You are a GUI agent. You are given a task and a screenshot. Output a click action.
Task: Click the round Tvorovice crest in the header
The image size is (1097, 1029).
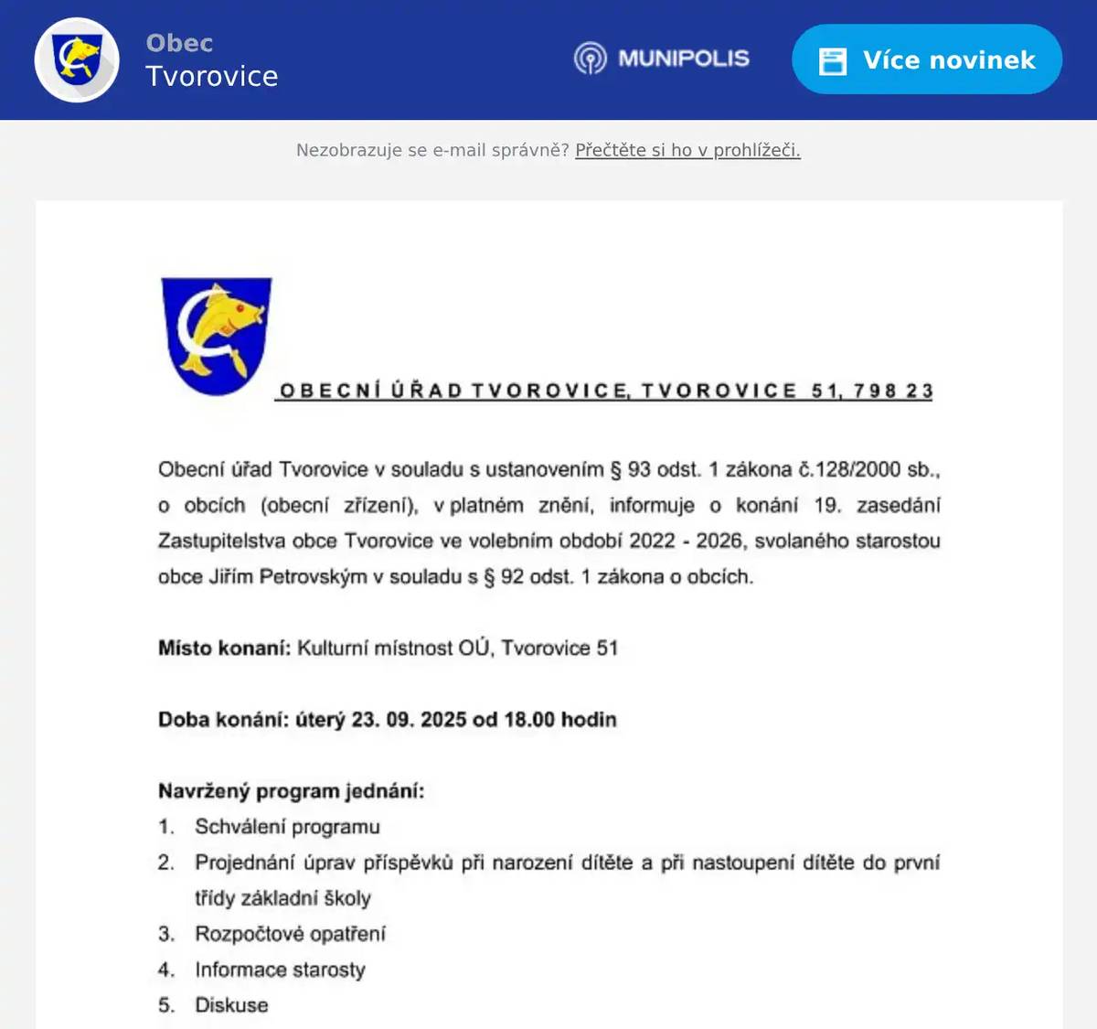point(77,59)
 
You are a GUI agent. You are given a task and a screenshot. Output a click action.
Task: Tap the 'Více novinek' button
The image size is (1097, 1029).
point(926,59)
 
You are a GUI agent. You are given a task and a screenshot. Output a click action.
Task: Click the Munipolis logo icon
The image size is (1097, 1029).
point(590,59)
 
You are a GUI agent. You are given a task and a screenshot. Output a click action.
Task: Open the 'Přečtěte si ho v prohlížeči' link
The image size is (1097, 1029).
point(687,150)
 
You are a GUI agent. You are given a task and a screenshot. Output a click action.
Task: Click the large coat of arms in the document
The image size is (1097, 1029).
point(217,336)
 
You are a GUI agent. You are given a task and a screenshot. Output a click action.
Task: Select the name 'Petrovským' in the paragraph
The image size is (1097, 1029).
point(313,576)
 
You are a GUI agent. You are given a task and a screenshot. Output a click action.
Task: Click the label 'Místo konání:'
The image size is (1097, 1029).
point(224,648)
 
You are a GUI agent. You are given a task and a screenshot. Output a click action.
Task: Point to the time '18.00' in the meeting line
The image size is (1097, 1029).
point(528,719)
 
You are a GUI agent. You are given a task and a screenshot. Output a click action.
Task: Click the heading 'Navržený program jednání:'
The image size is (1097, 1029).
point(291,790)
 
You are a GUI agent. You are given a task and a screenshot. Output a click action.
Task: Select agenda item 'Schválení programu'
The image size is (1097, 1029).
point(287,826)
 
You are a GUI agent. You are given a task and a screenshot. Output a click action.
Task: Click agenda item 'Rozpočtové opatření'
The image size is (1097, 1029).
point(290,933)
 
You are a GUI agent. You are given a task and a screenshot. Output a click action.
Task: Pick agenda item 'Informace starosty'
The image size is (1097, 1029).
point(280,969)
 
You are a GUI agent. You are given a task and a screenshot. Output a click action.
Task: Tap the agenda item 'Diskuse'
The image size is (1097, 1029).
point(231,1004)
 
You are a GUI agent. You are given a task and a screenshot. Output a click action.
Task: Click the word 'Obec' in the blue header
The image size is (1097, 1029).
point(179,43)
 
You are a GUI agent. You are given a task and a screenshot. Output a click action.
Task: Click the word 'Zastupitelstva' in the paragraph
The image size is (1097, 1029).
point(221,541)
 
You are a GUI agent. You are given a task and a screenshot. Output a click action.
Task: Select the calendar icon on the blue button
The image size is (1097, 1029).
point(832,60)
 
